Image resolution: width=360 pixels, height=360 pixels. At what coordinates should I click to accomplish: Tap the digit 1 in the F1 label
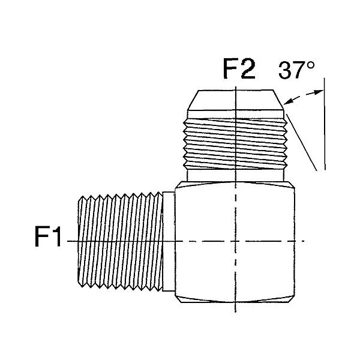tap(56, 236)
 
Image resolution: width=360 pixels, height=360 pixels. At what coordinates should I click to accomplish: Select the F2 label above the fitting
tap(239, 69)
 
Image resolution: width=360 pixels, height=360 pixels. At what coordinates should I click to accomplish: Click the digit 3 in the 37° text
tap(285, 70)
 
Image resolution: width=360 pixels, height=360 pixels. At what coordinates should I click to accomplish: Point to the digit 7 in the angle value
tap(299, 70)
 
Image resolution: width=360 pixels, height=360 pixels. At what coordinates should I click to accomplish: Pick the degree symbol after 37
tap(311, 65)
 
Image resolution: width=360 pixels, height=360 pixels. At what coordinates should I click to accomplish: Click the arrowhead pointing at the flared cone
tap(289, 101)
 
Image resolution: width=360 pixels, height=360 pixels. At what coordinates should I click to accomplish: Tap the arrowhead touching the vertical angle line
tap(319, 92)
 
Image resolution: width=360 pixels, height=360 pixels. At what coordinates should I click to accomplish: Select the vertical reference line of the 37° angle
tap(325, 124)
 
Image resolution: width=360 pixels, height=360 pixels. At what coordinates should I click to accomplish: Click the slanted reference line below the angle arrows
tap(302, 142)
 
